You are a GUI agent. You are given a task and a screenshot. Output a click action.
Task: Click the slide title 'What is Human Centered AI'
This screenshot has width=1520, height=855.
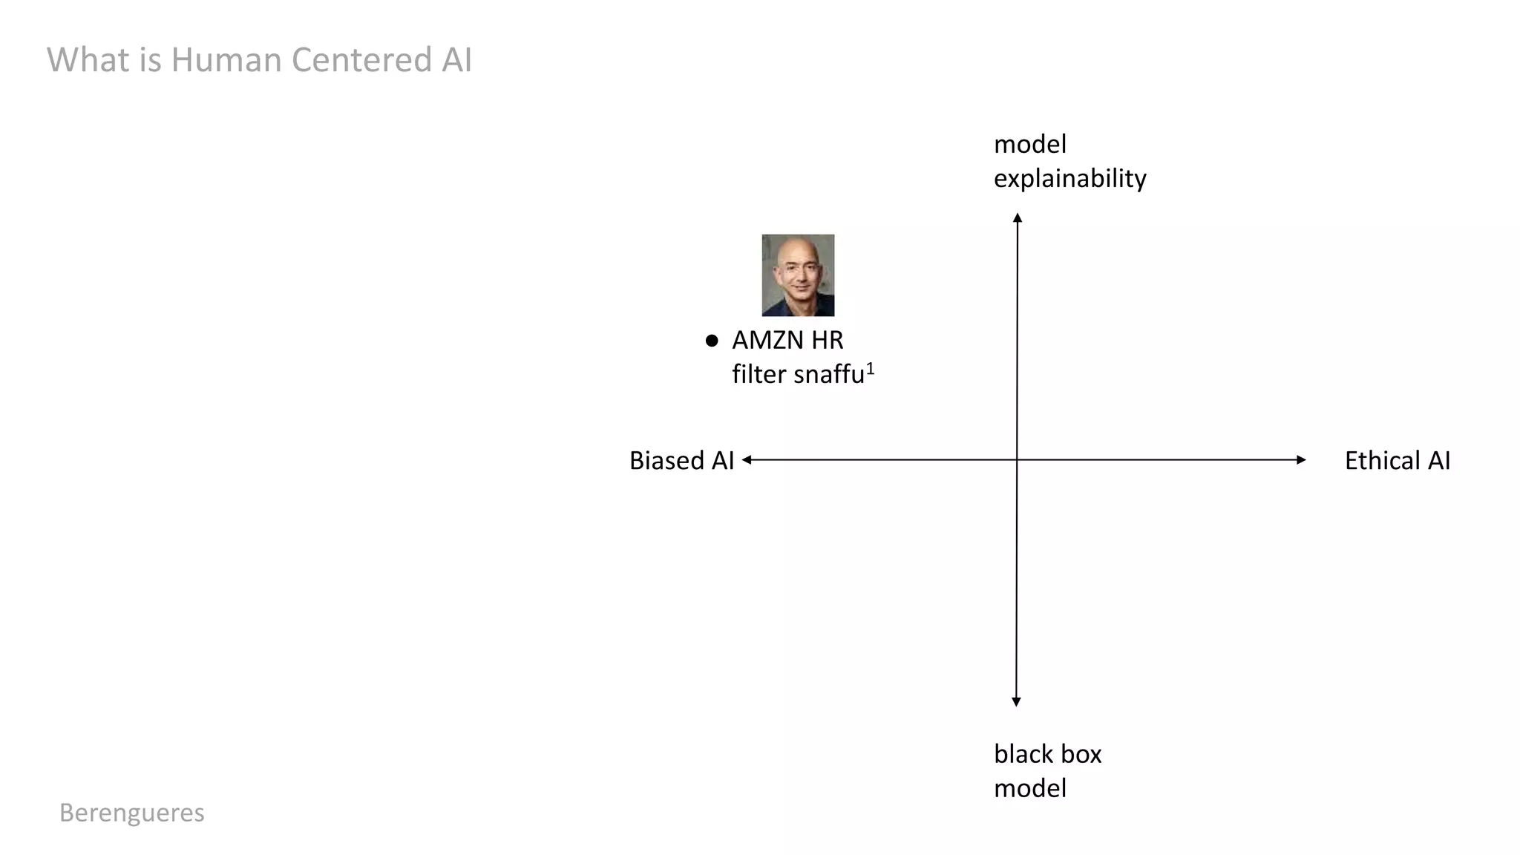click(x=259, y=60)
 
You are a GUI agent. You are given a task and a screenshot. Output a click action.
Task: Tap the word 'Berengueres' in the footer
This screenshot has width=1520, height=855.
click(x=131, y=813)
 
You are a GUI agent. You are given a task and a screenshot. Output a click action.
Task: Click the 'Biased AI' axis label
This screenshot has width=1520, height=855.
click(x=681, y=461)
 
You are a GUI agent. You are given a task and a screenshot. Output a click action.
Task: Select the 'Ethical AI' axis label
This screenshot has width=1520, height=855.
click(x=1397, y=461)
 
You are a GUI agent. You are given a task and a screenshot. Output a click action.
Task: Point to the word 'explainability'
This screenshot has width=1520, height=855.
click(x=1069, y=179)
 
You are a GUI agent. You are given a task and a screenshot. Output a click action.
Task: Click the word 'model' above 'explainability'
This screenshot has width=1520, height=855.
click(x=1029, y=144)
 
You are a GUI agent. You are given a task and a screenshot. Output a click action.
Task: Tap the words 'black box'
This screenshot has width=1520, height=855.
click(x=1047, y=754)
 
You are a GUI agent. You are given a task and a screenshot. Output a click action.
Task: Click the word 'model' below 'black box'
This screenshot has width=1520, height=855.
click(x=1029, y=788)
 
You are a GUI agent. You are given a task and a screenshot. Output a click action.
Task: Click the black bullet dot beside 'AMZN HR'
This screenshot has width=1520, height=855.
click(x=712, y=341)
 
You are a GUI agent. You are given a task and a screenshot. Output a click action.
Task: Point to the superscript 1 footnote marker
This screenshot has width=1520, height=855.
click(x=871, y=367)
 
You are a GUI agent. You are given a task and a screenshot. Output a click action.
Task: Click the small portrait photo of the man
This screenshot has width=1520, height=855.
click(x=798, y=275)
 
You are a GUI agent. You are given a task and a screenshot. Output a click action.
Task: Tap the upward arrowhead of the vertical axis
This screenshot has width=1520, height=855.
click(x=1018, y=217)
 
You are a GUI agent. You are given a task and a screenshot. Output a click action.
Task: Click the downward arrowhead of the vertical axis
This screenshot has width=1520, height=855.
click(x=1017, y=701)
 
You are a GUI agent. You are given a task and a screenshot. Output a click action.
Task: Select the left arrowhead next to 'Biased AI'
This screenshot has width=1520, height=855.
click(x=747, y=460)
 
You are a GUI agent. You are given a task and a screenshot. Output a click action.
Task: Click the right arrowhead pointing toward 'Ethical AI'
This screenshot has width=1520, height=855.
click(x=1301, y=460)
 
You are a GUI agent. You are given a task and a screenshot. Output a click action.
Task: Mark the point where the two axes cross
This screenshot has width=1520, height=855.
click(x=1017, y=460)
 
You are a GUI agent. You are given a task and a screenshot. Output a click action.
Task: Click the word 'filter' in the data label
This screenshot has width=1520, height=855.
click(x=759, y=375)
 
